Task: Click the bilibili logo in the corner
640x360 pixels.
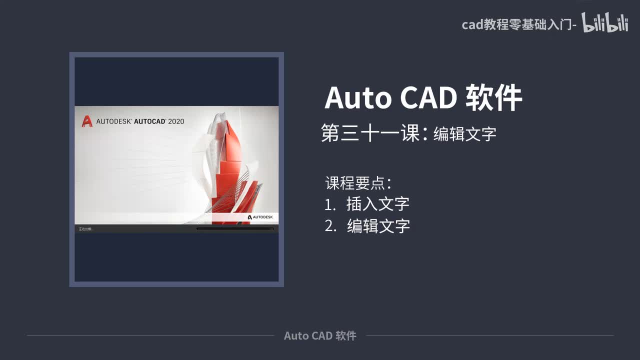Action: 604,23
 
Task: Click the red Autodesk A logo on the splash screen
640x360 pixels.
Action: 87,121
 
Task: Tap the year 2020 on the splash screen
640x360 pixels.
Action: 176,121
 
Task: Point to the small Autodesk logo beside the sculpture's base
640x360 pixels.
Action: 260,217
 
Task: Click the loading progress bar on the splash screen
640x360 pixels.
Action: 235,229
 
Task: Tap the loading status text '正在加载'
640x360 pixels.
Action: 86,229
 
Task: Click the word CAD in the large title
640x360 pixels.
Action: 428,98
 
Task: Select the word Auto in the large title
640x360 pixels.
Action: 358,98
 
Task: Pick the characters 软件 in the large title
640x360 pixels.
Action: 494,98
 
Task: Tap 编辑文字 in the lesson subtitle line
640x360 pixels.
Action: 464,134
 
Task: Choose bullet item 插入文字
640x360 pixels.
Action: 378,204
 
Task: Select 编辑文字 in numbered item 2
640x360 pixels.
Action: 378,226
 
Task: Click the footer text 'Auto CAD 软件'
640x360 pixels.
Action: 320,335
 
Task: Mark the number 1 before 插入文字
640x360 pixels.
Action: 328,204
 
